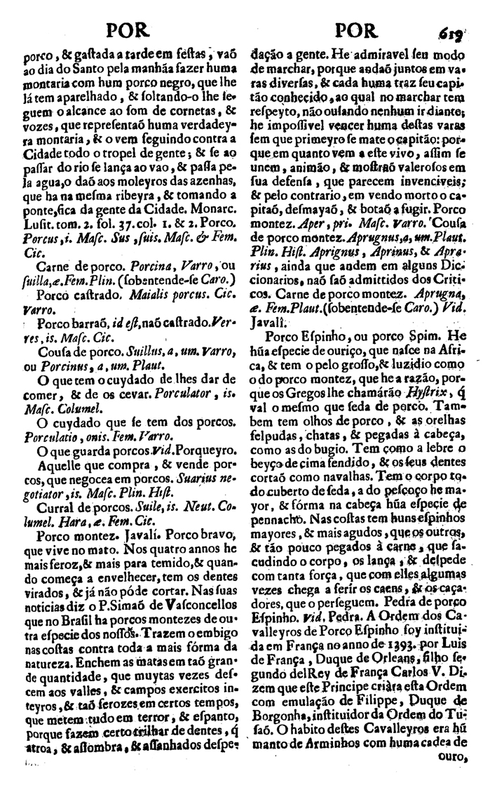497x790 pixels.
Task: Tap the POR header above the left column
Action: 130,32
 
